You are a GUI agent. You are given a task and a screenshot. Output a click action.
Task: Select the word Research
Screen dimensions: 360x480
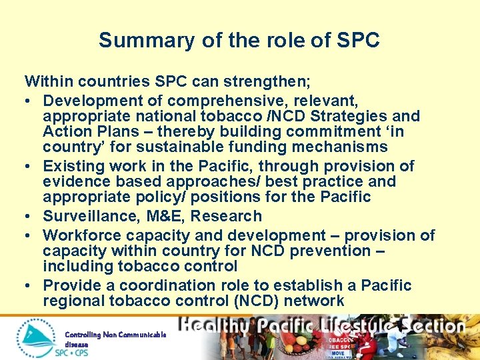tap(229, 216)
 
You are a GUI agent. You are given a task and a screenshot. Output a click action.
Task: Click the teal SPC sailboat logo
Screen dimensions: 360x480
tap(36, 337)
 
